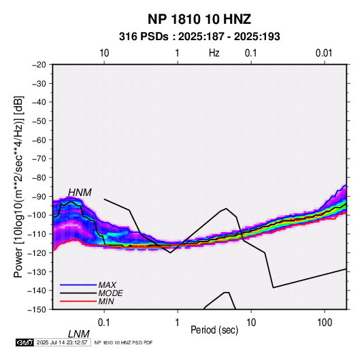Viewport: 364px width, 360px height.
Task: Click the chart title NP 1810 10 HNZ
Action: (199, 19)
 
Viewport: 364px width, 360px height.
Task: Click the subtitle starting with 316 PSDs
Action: (199, 37)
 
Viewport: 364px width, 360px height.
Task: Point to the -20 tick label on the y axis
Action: (39, 65)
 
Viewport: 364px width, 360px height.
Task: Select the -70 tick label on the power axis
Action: (39, 159)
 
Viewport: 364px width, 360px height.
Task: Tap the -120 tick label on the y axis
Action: (37, 252)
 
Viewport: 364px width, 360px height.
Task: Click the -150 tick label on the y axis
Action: (37, 310)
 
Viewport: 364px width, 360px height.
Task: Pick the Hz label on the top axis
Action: (214, 53)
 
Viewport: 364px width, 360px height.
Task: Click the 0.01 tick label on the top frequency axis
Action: (324, 53)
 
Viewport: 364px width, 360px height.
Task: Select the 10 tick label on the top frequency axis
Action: (104, 53)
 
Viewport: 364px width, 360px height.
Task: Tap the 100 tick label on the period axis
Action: (325, 323)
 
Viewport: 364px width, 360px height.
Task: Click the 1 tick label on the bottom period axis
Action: (178, 323)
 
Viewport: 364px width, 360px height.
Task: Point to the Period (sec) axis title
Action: (214, 330)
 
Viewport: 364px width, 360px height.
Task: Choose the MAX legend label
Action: (107, 285)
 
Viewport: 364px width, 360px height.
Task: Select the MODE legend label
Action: (110, 293)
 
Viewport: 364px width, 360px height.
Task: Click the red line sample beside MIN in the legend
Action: (78, 301)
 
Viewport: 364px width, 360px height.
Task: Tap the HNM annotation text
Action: (80, 193)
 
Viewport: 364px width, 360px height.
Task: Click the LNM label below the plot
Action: (79, 334)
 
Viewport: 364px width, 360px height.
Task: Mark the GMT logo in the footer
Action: (25, 342)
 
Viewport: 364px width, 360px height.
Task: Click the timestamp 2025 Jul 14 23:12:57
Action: (62, 342)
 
